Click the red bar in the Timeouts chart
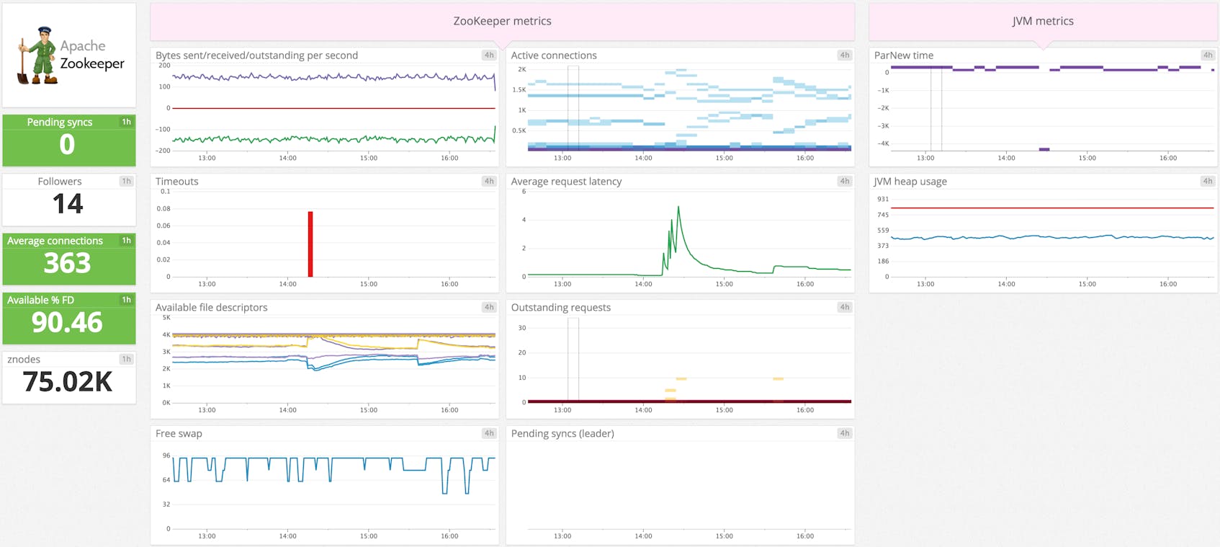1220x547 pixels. click(310, 245)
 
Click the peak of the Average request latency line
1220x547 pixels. click(678, 208)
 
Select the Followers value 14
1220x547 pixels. click(68, 204)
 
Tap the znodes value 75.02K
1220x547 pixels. click(68, 382)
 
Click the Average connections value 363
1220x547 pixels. click(68, 263)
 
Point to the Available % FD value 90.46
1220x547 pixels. click(68, 322)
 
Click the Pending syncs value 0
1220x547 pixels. click(68, 145)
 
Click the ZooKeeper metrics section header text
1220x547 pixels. click(502, 21)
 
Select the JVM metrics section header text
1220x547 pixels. click(1042, 21)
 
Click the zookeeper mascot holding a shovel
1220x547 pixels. click(37, 55)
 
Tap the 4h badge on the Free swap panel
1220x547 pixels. click(488, 433)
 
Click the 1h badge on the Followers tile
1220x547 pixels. click(126, 181)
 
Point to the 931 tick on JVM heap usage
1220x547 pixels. click(882, 199)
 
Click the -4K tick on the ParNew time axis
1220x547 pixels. click(882, 143)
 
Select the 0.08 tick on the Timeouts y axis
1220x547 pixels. click(163, 208)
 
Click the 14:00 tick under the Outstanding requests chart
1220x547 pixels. click(643, 410)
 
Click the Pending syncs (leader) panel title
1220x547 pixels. click(562, 433)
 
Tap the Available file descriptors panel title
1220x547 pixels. click(211, 307)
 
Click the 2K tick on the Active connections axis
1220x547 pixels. click(522, 69)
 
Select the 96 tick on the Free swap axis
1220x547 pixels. click(166, 455)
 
